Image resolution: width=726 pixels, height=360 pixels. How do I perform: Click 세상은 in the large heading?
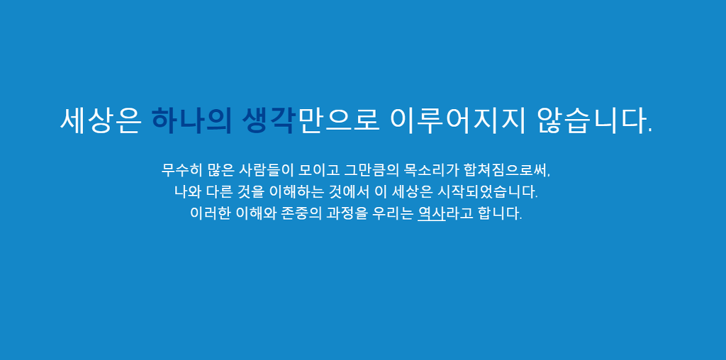click(x=101, y=120)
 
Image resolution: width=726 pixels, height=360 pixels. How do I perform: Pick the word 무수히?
click(x=180, y=170)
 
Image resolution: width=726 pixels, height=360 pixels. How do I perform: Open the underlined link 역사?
click(x=431, y=213)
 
